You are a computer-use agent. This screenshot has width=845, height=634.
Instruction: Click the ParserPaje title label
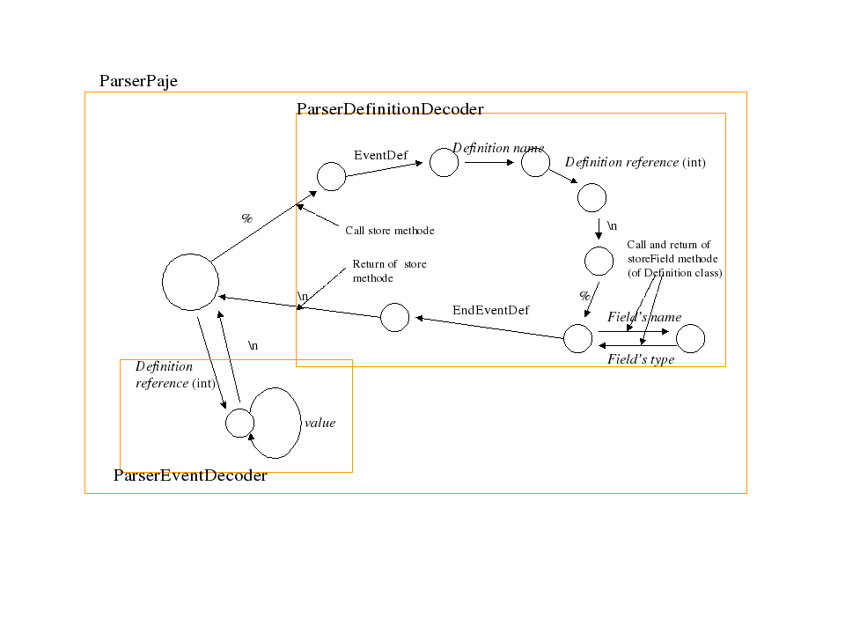tap(138, 81)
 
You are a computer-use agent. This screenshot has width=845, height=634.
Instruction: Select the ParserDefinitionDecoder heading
tap(390, 109)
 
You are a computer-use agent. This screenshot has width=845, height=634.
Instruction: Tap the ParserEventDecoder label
tap(190, 475)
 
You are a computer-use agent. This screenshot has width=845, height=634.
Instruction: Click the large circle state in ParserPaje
tap(190, 282)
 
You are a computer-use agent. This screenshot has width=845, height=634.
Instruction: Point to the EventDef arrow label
tap(380, 156)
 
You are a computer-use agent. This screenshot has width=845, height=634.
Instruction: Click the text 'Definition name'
tap(498, 148)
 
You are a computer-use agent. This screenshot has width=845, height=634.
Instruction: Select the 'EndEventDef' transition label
tap(490, 310)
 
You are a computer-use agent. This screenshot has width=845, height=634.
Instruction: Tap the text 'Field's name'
tap(644, 317)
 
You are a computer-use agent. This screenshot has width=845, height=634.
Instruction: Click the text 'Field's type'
tap(641, 359)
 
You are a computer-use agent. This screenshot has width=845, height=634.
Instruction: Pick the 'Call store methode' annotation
tap(390, 231)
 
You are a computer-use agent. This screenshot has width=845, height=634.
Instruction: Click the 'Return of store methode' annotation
tap(389, 270)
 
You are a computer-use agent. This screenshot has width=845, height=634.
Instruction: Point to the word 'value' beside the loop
tap(320, 423)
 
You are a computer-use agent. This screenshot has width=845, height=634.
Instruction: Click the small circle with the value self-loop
tap(239, 423)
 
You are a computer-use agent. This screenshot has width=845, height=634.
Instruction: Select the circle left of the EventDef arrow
tap(331, 176)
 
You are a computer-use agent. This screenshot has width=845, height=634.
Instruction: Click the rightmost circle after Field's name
tap(690, 338)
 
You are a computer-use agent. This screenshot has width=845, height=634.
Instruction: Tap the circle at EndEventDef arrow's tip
tap(394, 317)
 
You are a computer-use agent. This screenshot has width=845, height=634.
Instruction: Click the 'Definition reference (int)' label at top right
tap(635, 162)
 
